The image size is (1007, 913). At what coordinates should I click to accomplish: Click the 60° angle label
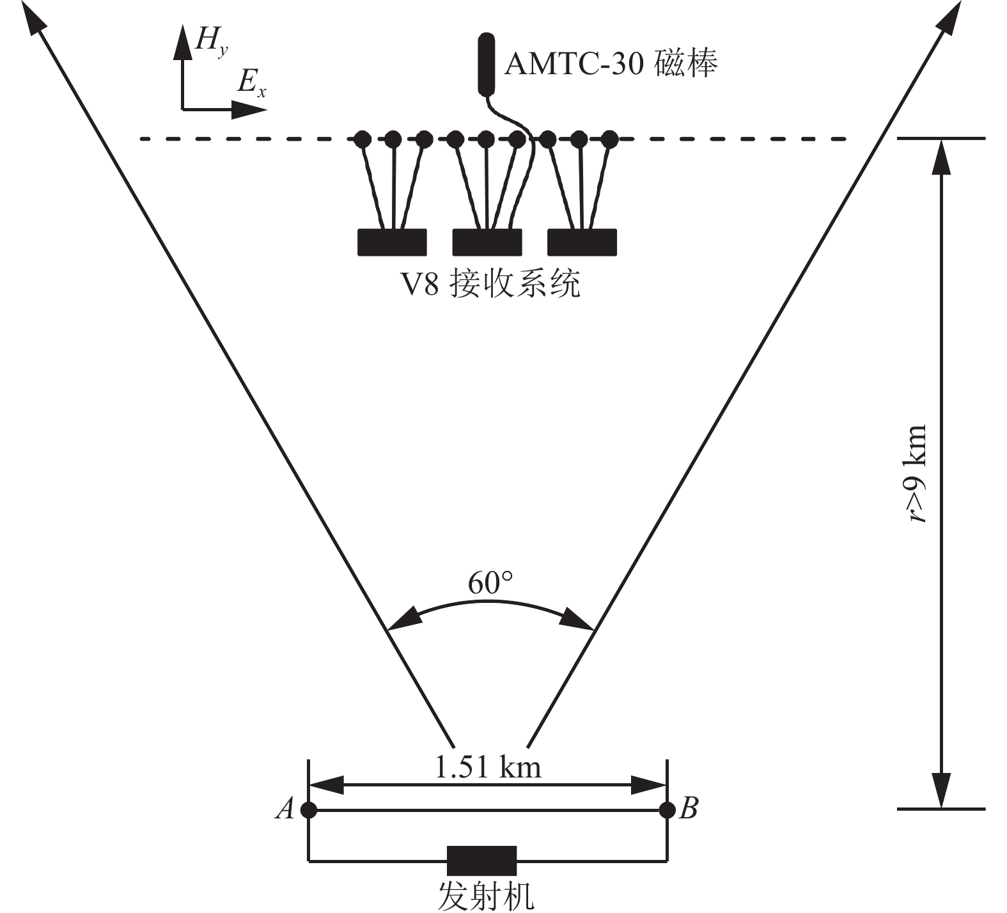coord(490,583)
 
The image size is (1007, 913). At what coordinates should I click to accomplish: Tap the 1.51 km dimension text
coord(488,767)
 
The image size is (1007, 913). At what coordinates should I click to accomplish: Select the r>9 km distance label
coord(918,474)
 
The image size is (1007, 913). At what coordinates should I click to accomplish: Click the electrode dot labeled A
coord(309,810)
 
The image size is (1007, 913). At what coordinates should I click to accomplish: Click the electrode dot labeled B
coord(667,810)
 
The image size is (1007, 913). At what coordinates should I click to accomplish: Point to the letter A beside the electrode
coord(285,809)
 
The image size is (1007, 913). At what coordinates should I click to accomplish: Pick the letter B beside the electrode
coord(689,809)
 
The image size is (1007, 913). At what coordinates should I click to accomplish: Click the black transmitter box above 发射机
coord(481,861)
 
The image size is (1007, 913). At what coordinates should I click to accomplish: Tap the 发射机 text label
coord(485,896)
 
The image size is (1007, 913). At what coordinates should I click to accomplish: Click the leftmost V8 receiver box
coord(392,242)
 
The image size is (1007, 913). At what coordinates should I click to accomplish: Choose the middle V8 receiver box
coord(487,242)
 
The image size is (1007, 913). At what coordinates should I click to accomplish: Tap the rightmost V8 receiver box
coord(582,242)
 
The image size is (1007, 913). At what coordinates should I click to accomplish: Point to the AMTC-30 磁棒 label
coord(611,63)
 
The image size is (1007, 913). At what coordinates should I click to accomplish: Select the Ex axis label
coord(251,83)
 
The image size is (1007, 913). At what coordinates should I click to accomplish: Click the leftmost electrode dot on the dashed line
coord(363,138)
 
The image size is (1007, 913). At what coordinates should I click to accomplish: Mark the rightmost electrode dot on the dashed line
coord(610,138)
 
